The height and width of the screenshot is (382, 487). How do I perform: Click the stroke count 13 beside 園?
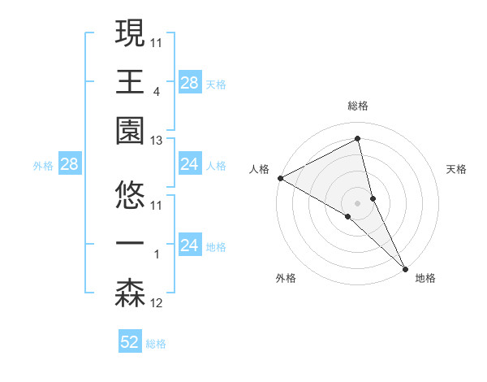coord(157,141)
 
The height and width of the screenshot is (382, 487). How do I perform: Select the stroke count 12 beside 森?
coord(157,303)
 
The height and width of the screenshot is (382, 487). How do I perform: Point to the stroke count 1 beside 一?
coord(157,254)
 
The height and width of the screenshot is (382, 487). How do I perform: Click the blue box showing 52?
coord(130,343)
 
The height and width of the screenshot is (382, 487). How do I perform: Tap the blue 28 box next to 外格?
coord(69,165)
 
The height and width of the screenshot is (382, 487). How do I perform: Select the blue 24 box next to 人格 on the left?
coord(190,165)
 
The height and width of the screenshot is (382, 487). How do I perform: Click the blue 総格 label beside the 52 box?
coord(156,344)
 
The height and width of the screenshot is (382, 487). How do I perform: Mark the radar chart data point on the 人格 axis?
coord(280,178)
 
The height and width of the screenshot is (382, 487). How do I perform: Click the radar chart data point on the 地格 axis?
coord(405,267)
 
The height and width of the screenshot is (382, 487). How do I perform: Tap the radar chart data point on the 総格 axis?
coord(357,139)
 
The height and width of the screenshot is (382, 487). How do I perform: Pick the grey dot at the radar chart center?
coord(357,202)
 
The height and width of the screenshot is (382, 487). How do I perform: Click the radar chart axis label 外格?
coord(286,278)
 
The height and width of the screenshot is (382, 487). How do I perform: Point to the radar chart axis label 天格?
coord(456,169)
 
